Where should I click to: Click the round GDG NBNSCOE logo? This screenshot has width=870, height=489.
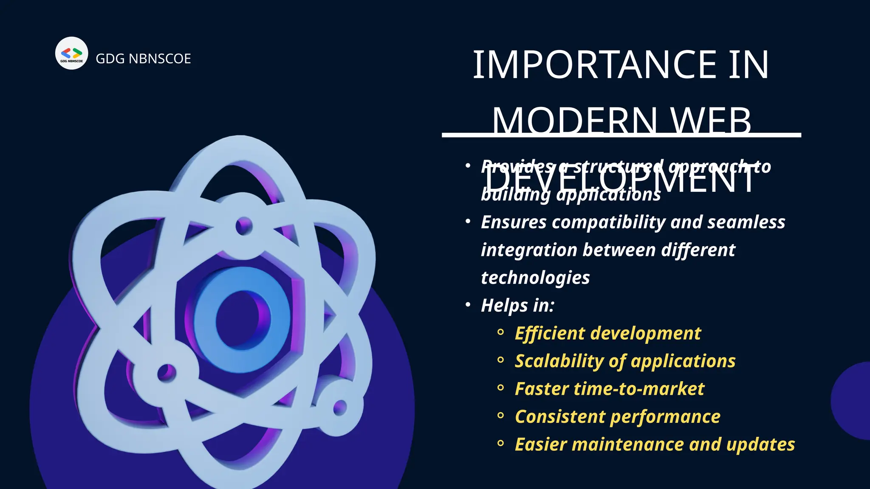point(71,53)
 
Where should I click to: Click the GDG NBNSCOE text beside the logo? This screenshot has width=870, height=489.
point(143,59)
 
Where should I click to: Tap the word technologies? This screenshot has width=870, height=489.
point(535,278)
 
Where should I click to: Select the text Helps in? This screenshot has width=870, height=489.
point(517,306)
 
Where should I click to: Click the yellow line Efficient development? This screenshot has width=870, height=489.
point(607,333)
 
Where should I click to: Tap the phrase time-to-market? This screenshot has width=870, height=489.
point(639,389)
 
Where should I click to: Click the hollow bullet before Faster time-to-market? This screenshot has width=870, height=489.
point(500,388)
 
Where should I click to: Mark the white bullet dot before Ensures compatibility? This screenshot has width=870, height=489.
point(468,222)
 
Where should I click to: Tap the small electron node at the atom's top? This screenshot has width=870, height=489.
point(243,226)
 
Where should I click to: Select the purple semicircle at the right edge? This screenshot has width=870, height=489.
point(852,401)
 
